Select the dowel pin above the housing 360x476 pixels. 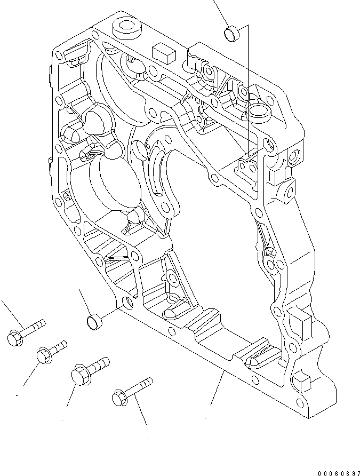coord(233,34)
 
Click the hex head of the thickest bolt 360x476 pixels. coord(79,374)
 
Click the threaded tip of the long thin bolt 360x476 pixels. coord(148,381)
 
